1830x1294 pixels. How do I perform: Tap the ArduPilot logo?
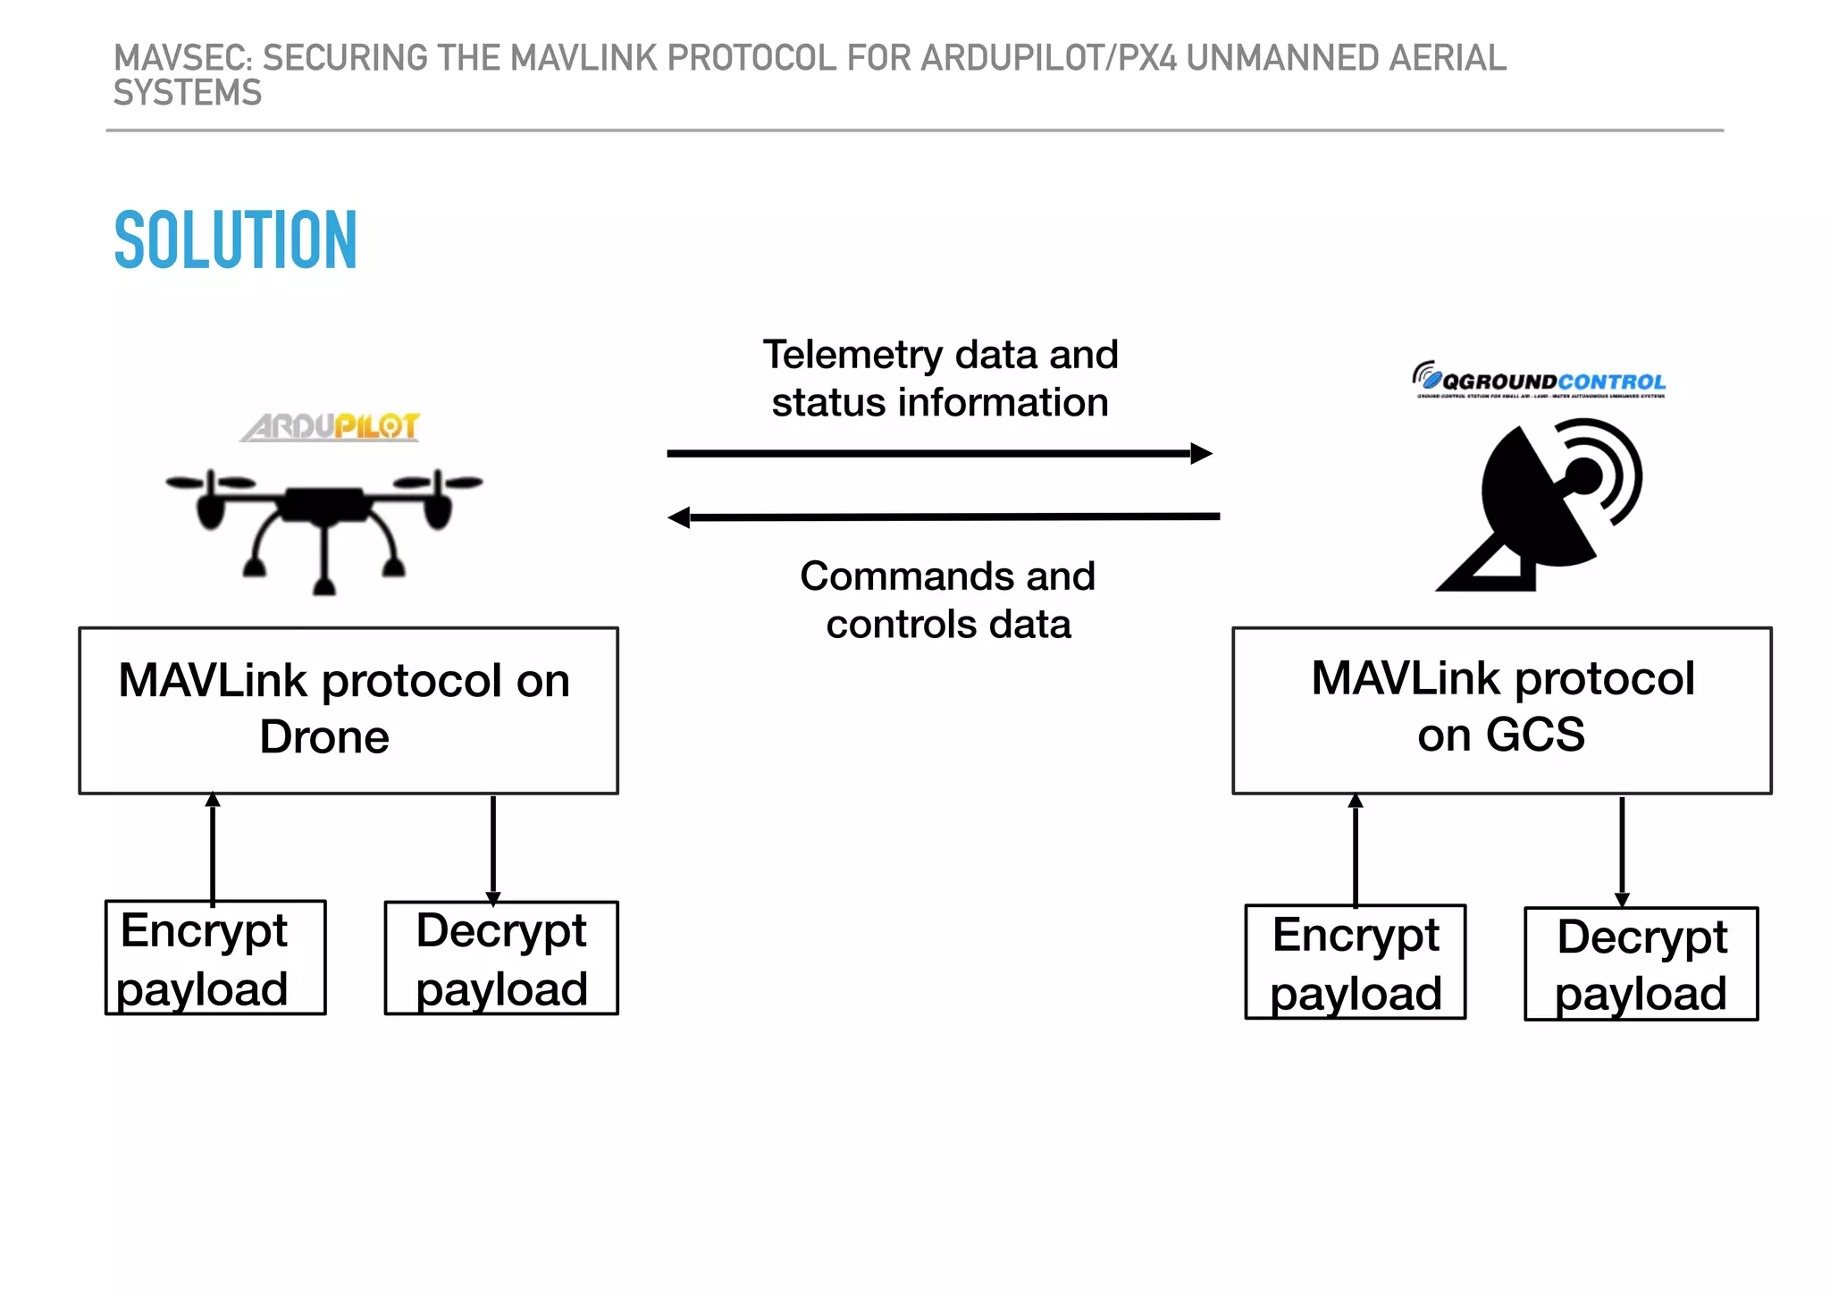pos(331,426)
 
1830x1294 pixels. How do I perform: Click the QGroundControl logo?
pos(1539,380)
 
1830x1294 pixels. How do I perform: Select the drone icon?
pos(323,527)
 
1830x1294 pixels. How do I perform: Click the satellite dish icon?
pos(1540,505)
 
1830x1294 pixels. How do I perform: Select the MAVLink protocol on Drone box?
pos(348,710)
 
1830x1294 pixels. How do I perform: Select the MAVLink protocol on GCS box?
pos(1501,710)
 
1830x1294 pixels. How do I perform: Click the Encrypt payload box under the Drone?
pos(215,958)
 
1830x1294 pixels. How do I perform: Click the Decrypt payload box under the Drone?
pos(501,958)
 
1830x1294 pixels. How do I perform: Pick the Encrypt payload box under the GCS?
pos(1355,962)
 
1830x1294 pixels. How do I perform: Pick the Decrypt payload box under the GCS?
pos(1641,964)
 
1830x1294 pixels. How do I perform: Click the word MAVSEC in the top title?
pos(183,58)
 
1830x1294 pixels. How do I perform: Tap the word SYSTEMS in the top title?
pos(188,93)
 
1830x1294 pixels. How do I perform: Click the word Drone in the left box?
pos(324,737)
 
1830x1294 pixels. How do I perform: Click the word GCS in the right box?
pos(1535,735)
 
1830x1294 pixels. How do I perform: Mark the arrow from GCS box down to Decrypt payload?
pos(1622,849)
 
